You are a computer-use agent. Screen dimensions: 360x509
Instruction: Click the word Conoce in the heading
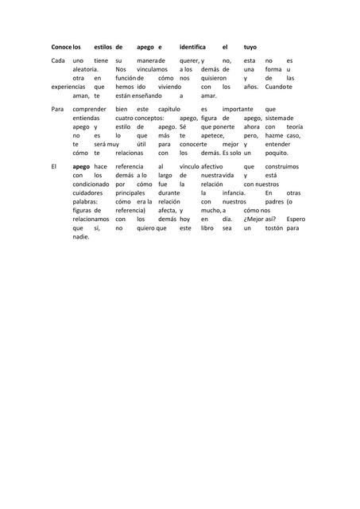click(61, 47)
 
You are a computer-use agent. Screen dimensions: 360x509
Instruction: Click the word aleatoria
click(87, 69)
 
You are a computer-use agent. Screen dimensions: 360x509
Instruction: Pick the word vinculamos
click(152, 69)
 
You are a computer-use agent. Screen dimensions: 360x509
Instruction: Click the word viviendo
click(170, 86)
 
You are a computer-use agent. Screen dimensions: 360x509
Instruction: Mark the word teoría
click(294, 126)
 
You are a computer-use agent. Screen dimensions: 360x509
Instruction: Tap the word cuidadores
click(87, 192)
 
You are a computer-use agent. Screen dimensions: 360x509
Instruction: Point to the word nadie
click(81, 236)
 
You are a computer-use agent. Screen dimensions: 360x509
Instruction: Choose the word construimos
click(281, 166)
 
